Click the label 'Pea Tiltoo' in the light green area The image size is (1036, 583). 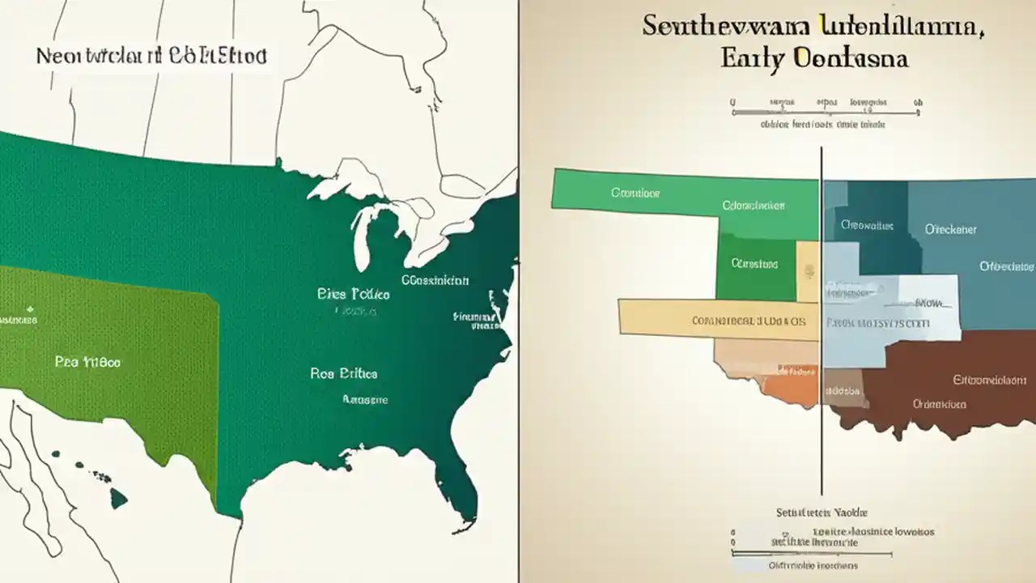coord(87,362)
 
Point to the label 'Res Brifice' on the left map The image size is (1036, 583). coord(343,373)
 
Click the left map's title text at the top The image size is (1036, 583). coord(151,57)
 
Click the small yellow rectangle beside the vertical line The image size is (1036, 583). coord(808,271)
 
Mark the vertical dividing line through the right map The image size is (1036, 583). coord(822,324)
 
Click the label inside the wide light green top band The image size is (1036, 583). coord(635,194)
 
